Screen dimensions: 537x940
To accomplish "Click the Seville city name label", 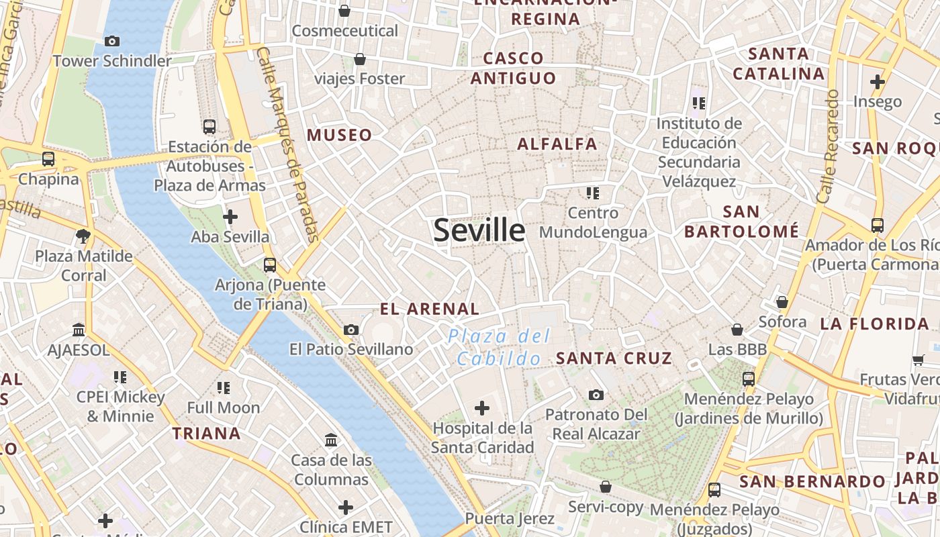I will pos(479,230).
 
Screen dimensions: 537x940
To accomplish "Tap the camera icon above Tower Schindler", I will pos(112,41).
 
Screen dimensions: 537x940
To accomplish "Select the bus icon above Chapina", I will pos(48,159).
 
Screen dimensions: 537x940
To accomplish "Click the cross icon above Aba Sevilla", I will pos(230,217).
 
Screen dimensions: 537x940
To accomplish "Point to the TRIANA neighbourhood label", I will pos(207,434).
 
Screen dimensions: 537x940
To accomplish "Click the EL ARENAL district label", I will pos(430,309).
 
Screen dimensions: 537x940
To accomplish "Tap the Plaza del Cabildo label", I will pos(499,347).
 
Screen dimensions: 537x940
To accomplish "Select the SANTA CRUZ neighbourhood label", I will pos(614,358).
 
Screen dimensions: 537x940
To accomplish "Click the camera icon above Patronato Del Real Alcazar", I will pos(596,395).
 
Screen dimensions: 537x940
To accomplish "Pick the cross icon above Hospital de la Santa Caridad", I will pos(482,407).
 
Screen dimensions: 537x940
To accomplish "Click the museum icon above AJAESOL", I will pos(79,330).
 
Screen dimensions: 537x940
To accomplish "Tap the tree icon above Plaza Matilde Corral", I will pos(84,236).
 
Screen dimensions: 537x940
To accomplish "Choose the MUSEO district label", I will pos(339,136).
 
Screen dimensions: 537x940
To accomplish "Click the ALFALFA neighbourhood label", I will pos(557,144).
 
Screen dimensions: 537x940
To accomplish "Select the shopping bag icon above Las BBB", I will pos(737,330).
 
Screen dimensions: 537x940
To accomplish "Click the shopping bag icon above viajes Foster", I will pos(360,59).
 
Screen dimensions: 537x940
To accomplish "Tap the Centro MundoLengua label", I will pos(593,223).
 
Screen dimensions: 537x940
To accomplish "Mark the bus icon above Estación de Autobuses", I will pos(209,126).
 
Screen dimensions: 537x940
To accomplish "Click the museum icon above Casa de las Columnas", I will pos(331,440).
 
